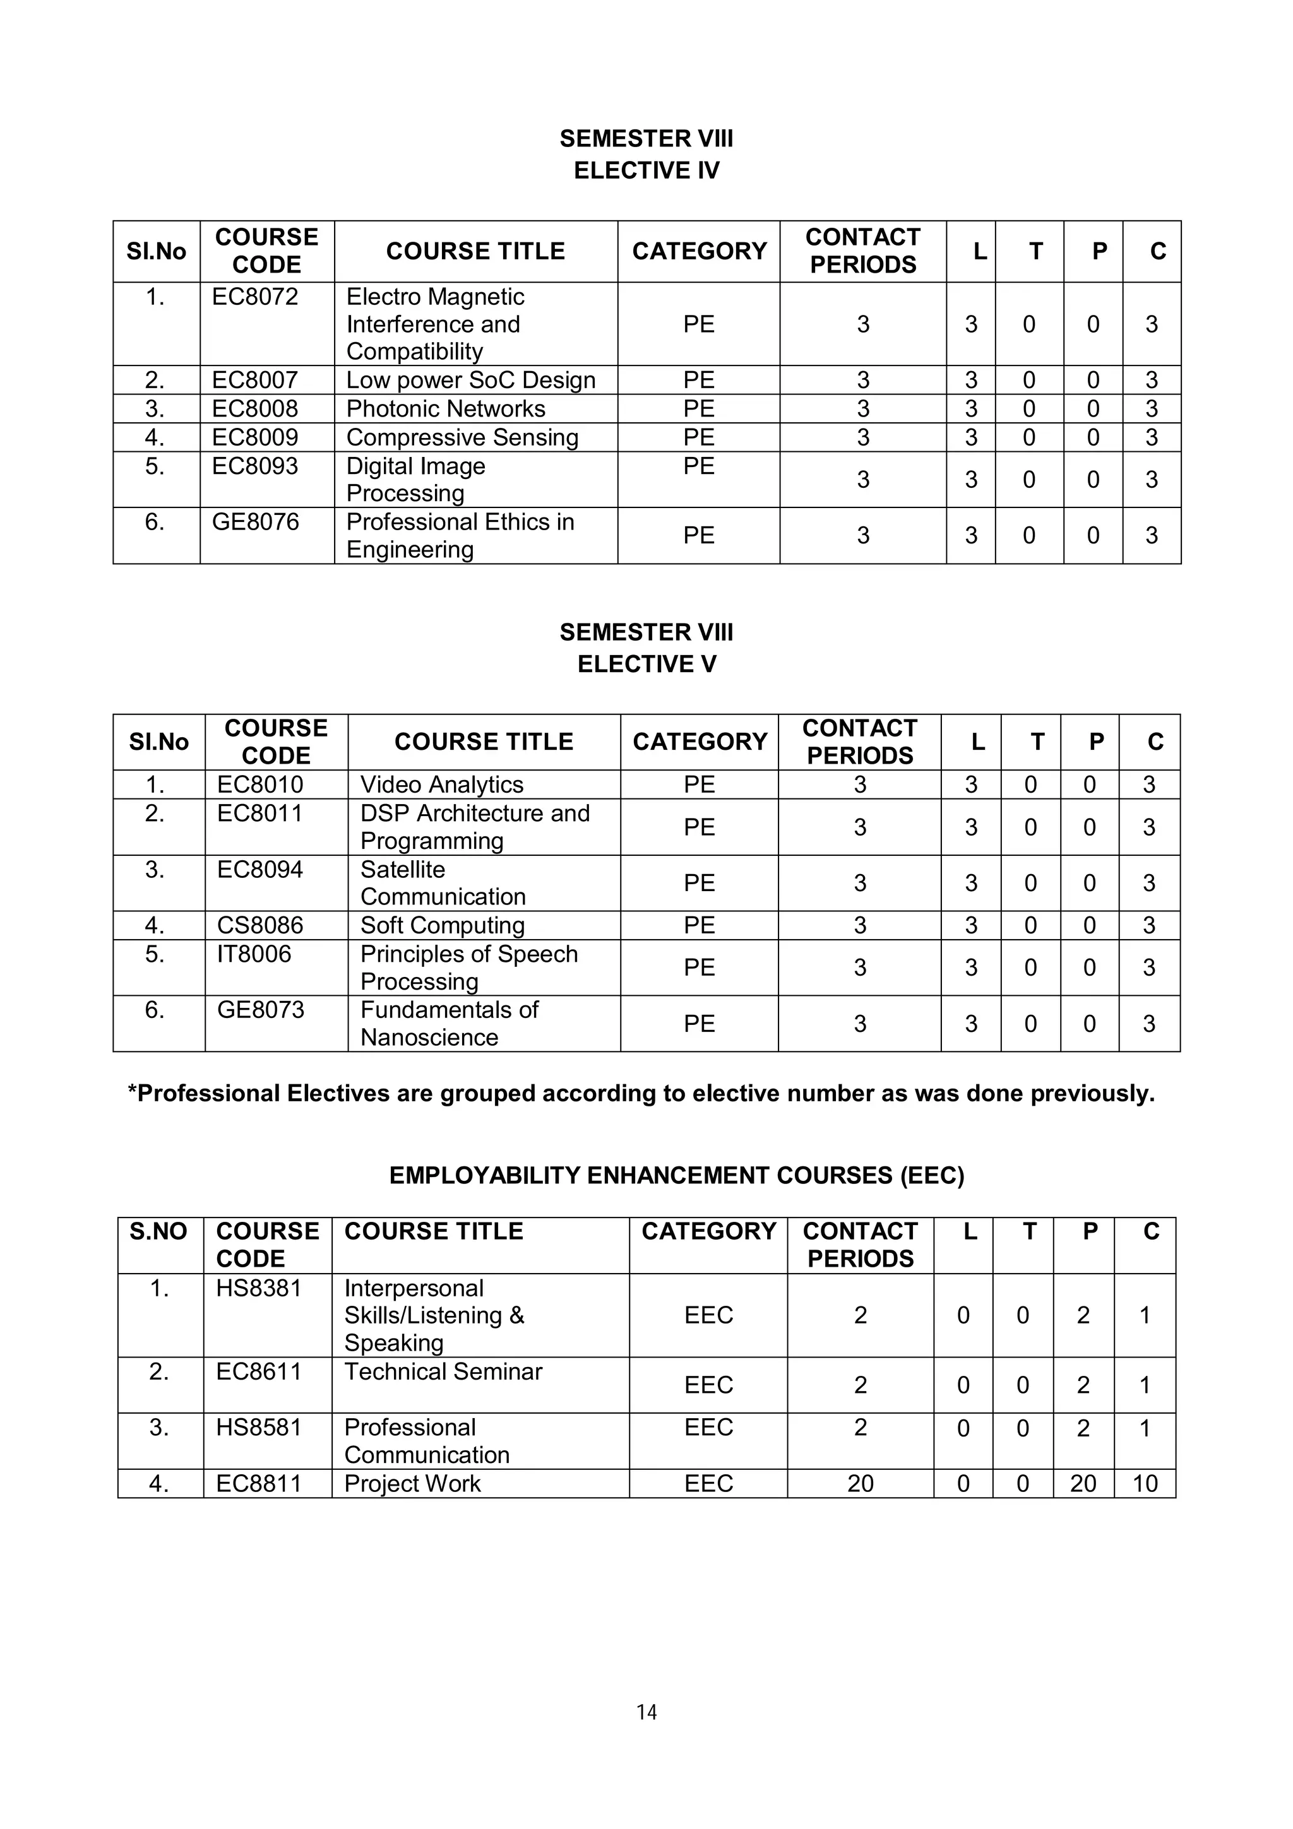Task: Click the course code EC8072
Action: pyautogui.click(x=254, y=297)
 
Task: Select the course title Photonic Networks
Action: pyautogui.click(x=445, y=409)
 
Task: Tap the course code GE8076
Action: pyautogui.click(x=255, y=522)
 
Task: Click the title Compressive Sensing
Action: pyautogui.click(x=462, y=437)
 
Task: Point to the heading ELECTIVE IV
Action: pyautogui.click(x=646, y=170)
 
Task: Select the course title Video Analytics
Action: pyautogui.click(x=441, y=784)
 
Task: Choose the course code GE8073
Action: pyautogui.click(x=261, y=1009)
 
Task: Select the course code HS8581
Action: pyautogui.click(x=259, y=1427)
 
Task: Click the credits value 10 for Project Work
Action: pyautogui.click(x=1144, y=1483)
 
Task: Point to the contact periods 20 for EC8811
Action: pyautogui.click(x=860, y=1483)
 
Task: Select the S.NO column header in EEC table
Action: pyautogui.click(x=158, y=1231)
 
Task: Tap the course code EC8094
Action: pyautogui.click(x=259, y=869)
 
